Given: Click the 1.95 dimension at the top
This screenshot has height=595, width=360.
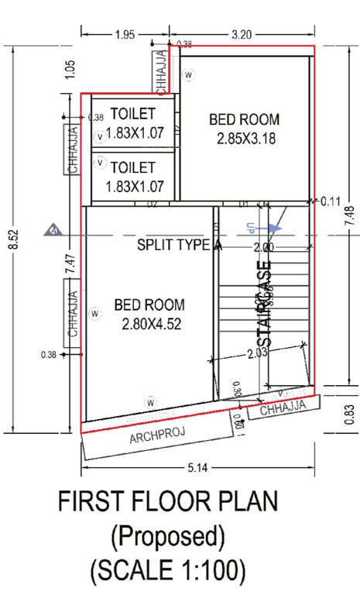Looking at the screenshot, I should point(124,34).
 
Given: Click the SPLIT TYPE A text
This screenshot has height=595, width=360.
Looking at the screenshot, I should point(180,246).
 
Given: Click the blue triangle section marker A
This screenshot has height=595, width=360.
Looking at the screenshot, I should point(53,230).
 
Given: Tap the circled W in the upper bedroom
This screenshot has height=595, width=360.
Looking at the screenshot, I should point(188,74).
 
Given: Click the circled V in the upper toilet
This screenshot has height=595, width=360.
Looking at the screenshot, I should point(99,136).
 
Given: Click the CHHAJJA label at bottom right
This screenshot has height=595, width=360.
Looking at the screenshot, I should point(278,408).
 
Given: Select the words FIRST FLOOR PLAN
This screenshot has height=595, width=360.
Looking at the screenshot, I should point(168,503).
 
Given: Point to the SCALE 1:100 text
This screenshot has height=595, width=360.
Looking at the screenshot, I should point(168,571).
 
